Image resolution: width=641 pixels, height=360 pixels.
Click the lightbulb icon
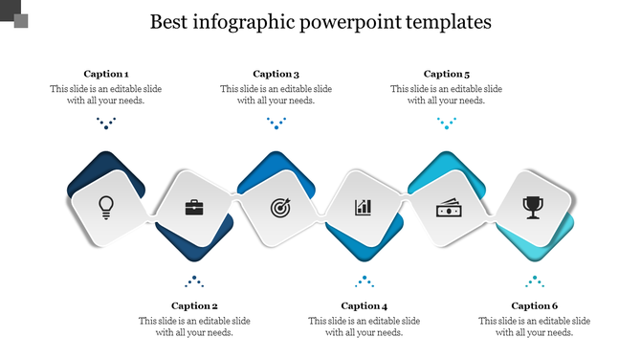coord(106,205)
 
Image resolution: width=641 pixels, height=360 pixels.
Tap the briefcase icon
coord(193,206)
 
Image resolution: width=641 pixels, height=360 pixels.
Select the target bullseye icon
coord(278,206)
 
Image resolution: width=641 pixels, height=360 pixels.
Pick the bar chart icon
coord(364,206)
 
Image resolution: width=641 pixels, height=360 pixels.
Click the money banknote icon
coord(449,206)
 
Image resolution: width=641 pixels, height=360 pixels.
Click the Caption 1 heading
coord(106,74)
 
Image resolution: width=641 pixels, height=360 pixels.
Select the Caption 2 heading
coord(194,306)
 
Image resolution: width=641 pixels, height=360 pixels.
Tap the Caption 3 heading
coord(276,74)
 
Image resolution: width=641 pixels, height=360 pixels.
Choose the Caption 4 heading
coord(365,306)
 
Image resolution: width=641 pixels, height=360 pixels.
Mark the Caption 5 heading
coord(447,74)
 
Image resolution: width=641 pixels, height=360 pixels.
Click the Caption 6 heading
coord(535,306)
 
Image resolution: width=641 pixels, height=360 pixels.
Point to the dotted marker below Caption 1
coord(106,123)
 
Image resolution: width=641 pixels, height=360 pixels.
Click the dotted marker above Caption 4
coord(365,281)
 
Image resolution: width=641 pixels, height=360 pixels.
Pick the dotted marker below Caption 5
coord(447,123)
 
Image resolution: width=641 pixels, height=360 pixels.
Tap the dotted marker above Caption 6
coord(535,281)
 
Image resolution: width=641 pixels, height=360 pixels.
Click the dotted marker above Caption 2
coord(194,281)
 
